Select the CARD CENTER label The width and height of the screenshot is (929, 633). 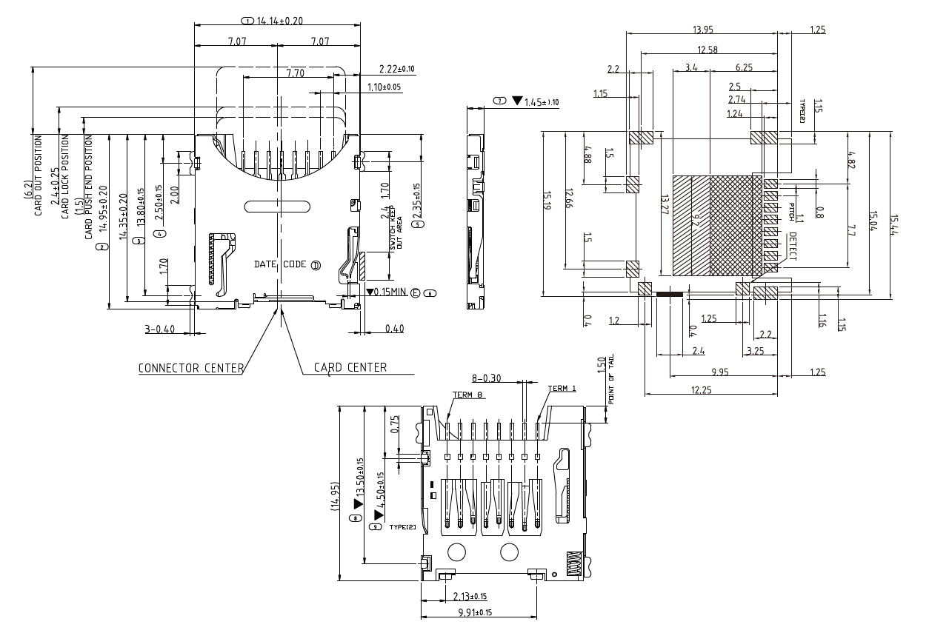(350, 368)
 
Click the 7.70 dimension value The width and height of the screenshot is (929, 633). (296, 73)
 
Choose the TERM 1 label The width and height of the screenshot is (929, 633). (562, 389)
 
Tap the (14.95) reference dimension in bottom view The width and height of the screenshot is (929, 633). (334, 495)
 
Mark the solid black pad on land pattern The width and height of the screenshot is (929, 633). (670, 294)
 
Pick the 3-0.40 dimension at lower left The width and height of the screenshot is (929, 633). (163, 329)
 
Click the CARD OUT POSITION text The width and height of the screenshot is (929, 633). (39, 174)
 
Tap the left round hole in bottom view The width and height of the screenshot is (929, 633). (457, 551)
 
